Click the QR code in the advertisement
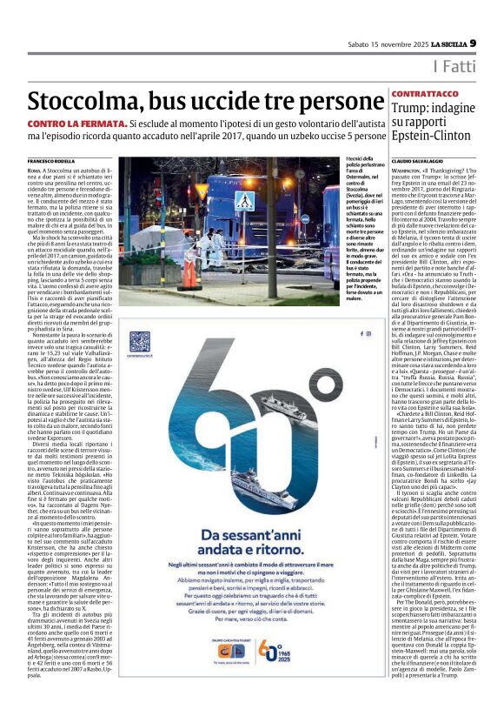(140, 340)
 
